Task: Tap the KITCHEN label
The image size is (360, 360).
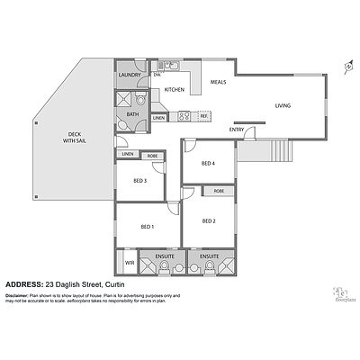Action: point(174,90)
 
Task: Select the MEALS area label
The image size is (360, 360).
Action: point(218,82)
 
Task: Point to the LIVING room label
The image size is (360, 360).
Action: point(283,106)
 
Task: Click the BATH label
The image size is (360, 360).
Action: point(132,115)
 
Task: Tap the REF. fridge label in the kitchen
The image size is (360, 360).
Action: point(204,117)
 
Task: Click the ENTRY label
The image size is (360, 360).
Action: point(237,130)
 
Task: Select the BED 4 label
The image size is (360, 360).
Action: point(208,163)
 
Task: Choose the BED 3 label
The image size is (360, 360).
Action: point(139,181)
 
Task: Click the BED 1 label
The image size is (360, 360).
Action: point(146,227)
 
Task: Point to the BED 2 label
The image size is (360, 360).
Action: point(208,220)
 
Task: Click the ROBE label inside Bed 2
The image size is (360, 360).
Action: point(219,191)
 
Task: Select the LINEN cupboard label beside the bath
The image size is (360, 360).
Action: point(158,118)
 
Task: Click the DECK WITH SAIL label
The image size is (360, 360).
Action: point(74,138)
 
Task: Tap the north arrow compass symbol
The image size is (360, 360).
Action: point(347,66)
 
